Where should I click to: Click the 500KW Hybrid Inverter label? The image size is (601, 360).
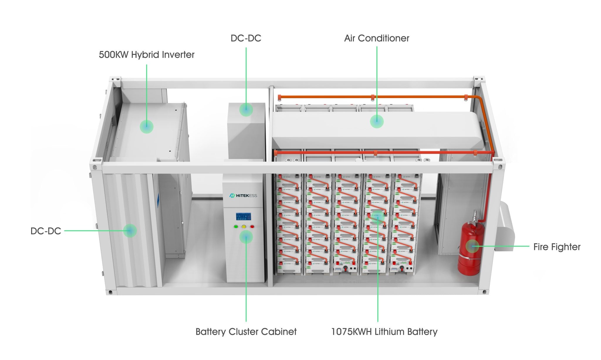point(146,55)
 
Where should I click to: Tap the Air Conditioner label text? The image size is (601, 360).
point(377,38)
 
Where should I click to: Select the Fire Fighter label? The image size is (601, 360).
point(557,247)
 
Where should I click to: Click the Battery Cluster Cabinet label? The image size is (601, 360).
point(246,332)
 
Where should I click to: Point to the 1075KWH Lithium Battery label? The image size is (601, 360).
point(384,332)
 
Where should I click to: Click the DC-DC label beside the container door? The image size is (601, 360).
point(46,231)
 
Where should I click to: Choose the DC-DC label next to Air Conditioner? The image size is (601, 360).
point(246,38)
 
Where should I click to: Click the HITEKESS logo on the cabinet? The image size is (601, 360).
point(243,195)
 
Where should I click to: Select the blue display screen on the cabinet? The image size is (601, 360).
point(243,217)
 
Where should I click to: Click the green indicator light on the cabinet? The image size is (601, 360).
point(236,227)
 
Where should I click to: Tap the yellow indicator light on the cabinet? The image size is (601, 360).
point(244,227)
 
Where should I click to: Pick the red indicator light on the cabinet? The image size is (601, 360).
point(252,227)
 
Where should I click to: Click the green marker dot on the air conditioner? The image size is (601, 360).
point(377,121)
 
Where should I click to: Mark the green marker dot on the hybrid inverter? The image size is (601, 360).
point(146,126)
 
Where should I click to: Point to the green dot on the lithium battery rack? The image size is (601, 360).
point(378,217)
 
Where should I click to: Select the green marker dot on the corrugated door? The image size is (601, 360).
point(130,231)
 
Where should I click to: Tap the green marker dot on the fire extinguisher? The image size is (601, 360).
point(472,246)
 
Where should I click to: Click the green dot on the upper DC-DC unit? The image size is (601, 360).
point(246,109)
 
